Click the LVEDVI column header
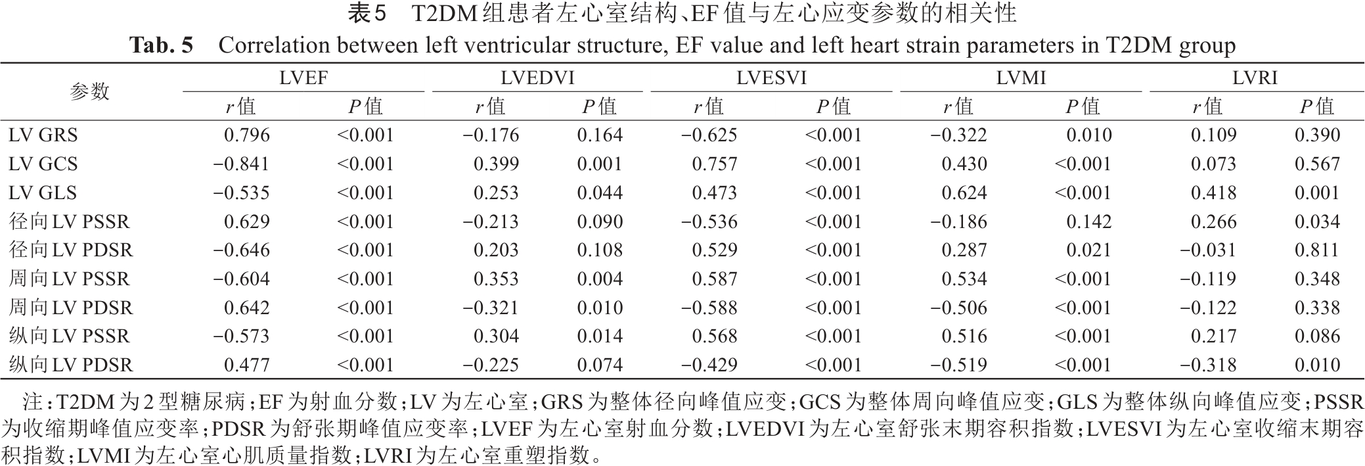(x=537, y=78)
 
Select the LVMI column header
(x=1021, y=78)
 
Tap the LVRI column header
(x=1255, y=78)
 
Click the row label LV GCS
(x=43, y=164)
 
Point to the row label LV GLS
(x=43, y=193)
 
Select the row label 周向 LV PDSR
(x=71, y=308)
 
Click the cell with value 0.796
(x=247, y=135)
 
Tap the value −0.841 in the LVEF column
(x=241, y=164)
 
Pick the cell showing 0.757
(x=715, y=164)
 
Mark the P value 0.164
(x=600, y=135)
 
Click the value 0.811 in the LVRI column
(x=1317, y=250)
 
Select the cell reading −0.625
(x=709, y=135)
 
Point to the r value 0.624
(x=964, y=193)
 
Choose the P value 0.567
(x=1317, y=164)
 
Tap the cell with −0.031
(x=1208, y=250)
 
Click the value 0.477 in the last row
(x=247, y=365)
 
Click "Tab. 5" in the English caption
(x=162, y=45)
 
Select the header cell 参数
(x=90, y=91)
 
